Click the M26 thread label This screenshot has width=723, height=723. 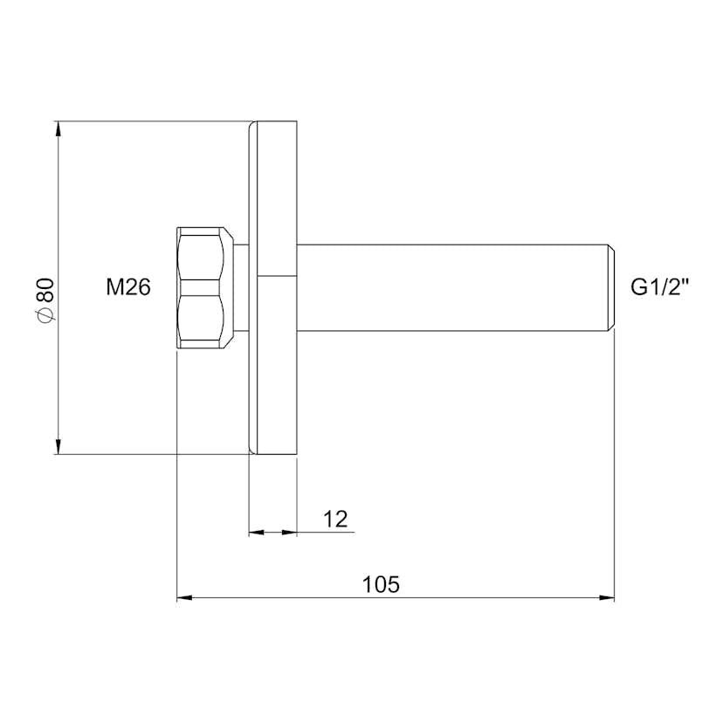(x=128, y=287)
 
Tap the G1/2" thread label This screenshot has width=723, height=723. (x=660, y=287)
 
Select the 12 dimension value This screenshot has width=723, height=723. (x=335, y=520)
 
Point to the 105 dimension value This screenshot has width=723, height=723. (x=381, y=584)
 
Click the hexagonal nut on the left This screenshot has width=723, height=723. (x=204, y=288)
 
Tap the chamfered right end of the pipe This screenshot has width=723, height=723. (x=611, y=287)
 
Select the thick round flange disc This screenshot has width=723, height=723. (x=278, y=288)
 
